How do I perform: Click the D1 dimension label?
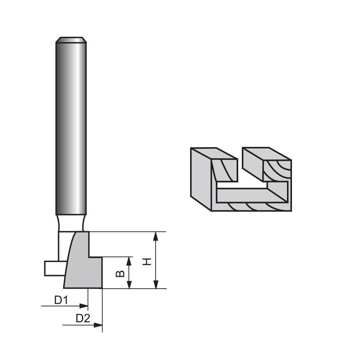[61, 300]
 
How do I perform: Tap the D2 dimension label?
[83, 318]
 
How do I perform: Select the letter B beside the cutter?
[121, 273]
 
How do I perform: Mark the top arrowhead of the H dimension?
[156, 236]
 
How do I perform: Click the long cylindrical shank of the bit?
[71, 126]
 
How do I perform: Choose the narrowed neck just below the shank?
[71, 223]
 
